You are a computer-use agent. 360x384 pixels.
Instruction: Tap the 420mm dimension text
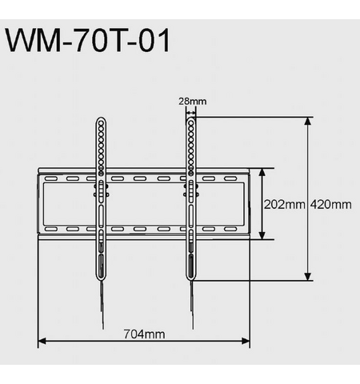coord(331,205)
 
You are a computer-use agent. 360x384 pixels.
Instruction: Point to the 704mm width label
coord(144,334)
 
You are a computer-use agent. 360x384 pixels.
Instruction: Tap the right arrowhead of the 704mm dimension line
coord(246,342)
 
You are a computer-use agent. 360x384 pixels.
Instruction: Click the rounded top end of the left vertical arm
coord(101,122)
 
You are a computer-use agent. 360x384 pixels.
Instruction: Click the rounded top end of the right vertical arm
coord(190,122)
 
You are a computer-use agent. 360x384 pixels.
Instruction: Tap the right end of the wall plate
coord(245,204)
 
